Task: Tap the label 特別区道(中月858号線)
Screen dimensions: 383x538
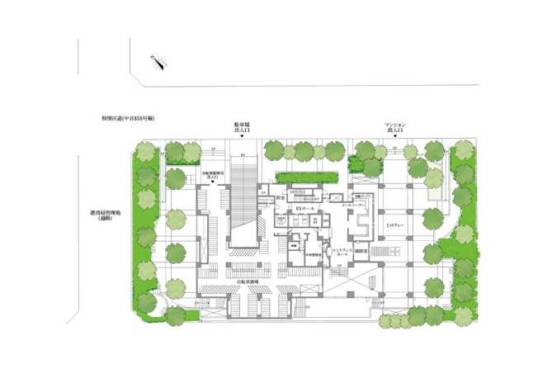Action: click(x=124, y=120)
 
